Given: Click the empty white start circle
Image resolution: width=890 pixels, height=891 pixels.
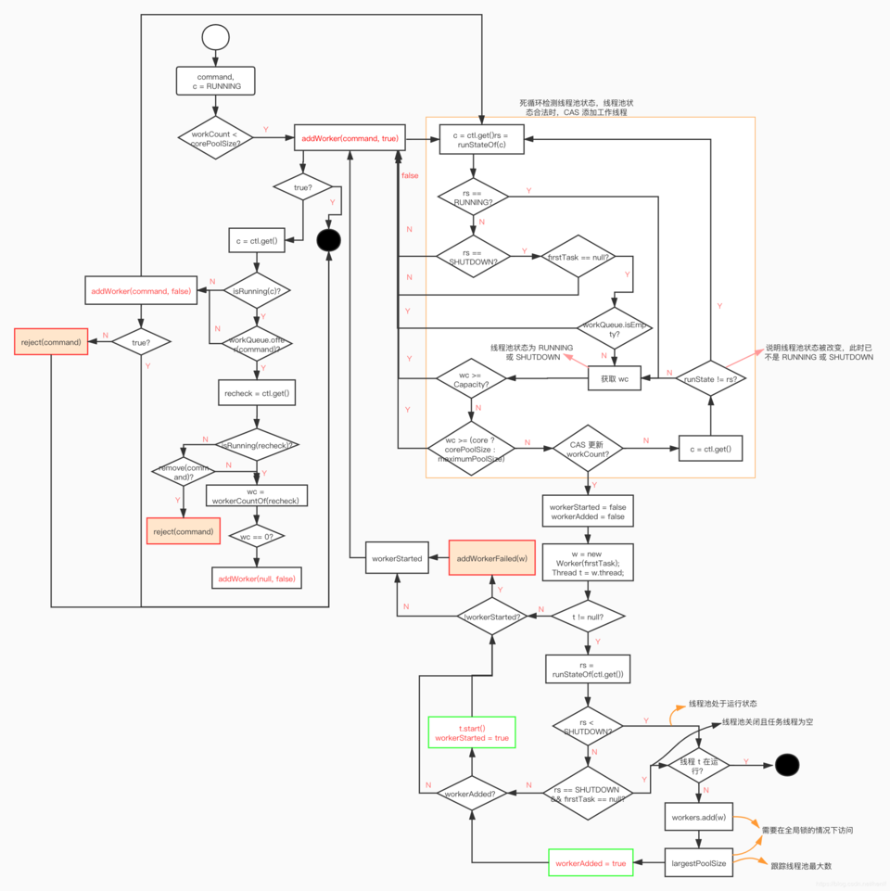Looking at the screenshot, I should (215, 37).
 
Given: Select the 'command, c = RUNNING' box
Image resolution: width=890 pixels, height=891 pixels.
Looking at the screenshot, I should (215, 81).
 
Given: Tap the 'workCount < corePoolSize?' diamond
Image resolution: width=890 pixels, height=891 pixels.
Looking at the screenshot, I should (215, 137).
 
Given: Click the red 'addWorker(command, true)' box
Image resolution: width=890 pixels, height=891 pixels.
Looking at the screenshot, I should (350, 138).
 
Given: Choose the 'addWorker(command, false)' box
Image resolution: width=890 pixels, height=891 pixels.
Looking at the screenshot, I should (141, 291).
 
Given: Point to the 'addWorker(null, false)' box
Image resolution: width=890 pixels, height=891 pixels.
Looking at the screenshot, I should (257, 579).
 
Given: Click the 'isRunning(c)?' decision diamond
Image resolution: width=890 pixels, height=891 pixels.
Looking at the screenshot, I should (257, 291).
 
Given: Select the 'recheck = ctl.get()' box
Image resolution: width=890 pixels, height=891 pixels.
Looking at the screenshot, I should (257, 393).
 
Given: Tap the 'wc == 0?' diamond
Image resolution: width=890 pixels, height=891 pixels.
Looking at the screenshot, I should (257, 536).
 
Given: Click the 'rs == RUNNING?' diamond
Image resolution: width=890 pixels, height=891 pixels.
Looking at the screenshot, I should (474, 197).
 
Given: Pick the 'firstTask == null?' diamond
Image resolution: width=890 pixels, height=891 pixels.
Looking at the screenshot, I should (578, 256).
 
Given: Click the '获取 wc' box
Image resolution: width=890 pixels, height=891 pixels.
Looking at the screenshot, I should (615, 377).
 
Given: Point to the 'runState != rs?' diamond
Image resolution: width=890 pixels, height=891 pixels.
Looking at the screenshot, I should (710, 377).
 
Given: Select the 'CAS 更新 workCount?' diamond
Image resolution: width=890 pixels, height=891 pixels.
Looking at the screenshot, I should (587, 450).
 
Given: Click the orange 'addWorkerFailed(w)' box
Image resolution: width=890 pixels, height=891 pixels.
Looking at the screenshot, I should (492, 558).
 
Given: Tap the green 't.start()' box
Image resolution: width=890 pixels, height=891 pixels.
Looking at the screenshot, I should (472, 732).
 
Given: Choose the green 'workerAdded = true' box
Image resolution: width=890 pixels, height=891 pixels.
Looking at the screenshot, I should (591, 863).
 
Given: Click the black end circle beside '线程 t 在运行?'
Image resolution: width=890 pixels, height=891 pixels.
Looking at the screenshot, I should (787, 764).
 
